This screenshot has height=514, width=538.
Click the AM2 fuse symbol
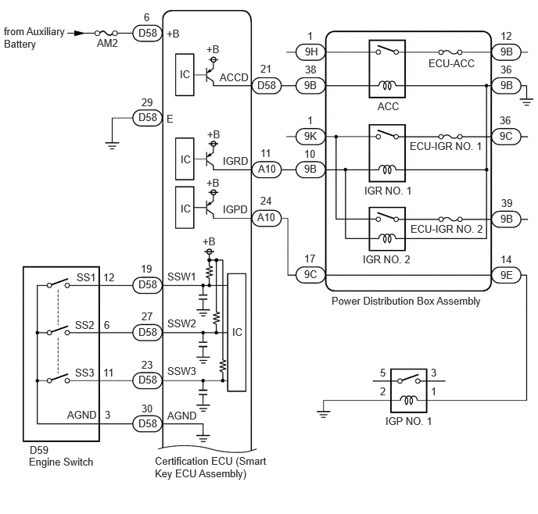(x=106, y=34)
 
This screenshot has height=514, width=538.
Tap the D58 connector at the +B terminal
(x=147, y=34)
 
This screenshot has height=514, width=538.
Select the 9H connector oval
(x=311, y=52)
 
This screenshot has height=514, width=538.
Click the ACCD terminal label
(x=234, y=77)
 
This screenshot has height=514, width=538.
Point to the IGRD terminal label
(x=235, y=161)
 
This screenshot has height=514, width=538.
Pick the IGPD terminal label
(x=235, y=209)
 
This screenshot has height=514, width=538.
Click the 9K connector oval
(x=310, y=137)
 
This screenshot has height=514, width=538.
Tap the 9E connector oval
(x=506, y=275)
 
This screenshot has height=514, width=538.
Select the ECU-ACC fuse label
(x=451, y=63)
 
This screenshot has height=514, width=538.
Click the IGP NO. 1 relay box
(x=409, y=391)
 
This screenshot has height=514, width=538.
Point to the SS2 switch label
(x=84, y=325)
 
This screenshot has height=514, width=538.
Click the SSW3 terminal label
(x=181, y=371)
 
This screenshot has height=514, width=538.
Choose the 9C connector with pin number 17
(x=310, y=275)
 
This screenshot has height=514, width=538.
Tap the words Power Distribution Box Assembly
(x=406, y=302)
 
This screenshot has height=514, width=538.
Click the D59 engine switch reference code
(x=39, y=450)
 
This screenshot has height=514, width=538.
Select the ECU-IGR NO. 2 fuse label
(x=447, y=229)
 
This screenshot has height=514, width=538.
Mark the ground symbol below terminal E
(x=112, y=145)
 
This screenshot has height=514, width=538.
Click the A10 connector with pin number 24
(x=267, y=218)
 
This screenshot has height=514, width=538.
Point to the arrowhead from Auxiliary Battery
(x=80, y=34)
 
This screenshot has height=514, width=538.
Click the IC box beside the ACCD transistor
(x=185, y=75)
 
